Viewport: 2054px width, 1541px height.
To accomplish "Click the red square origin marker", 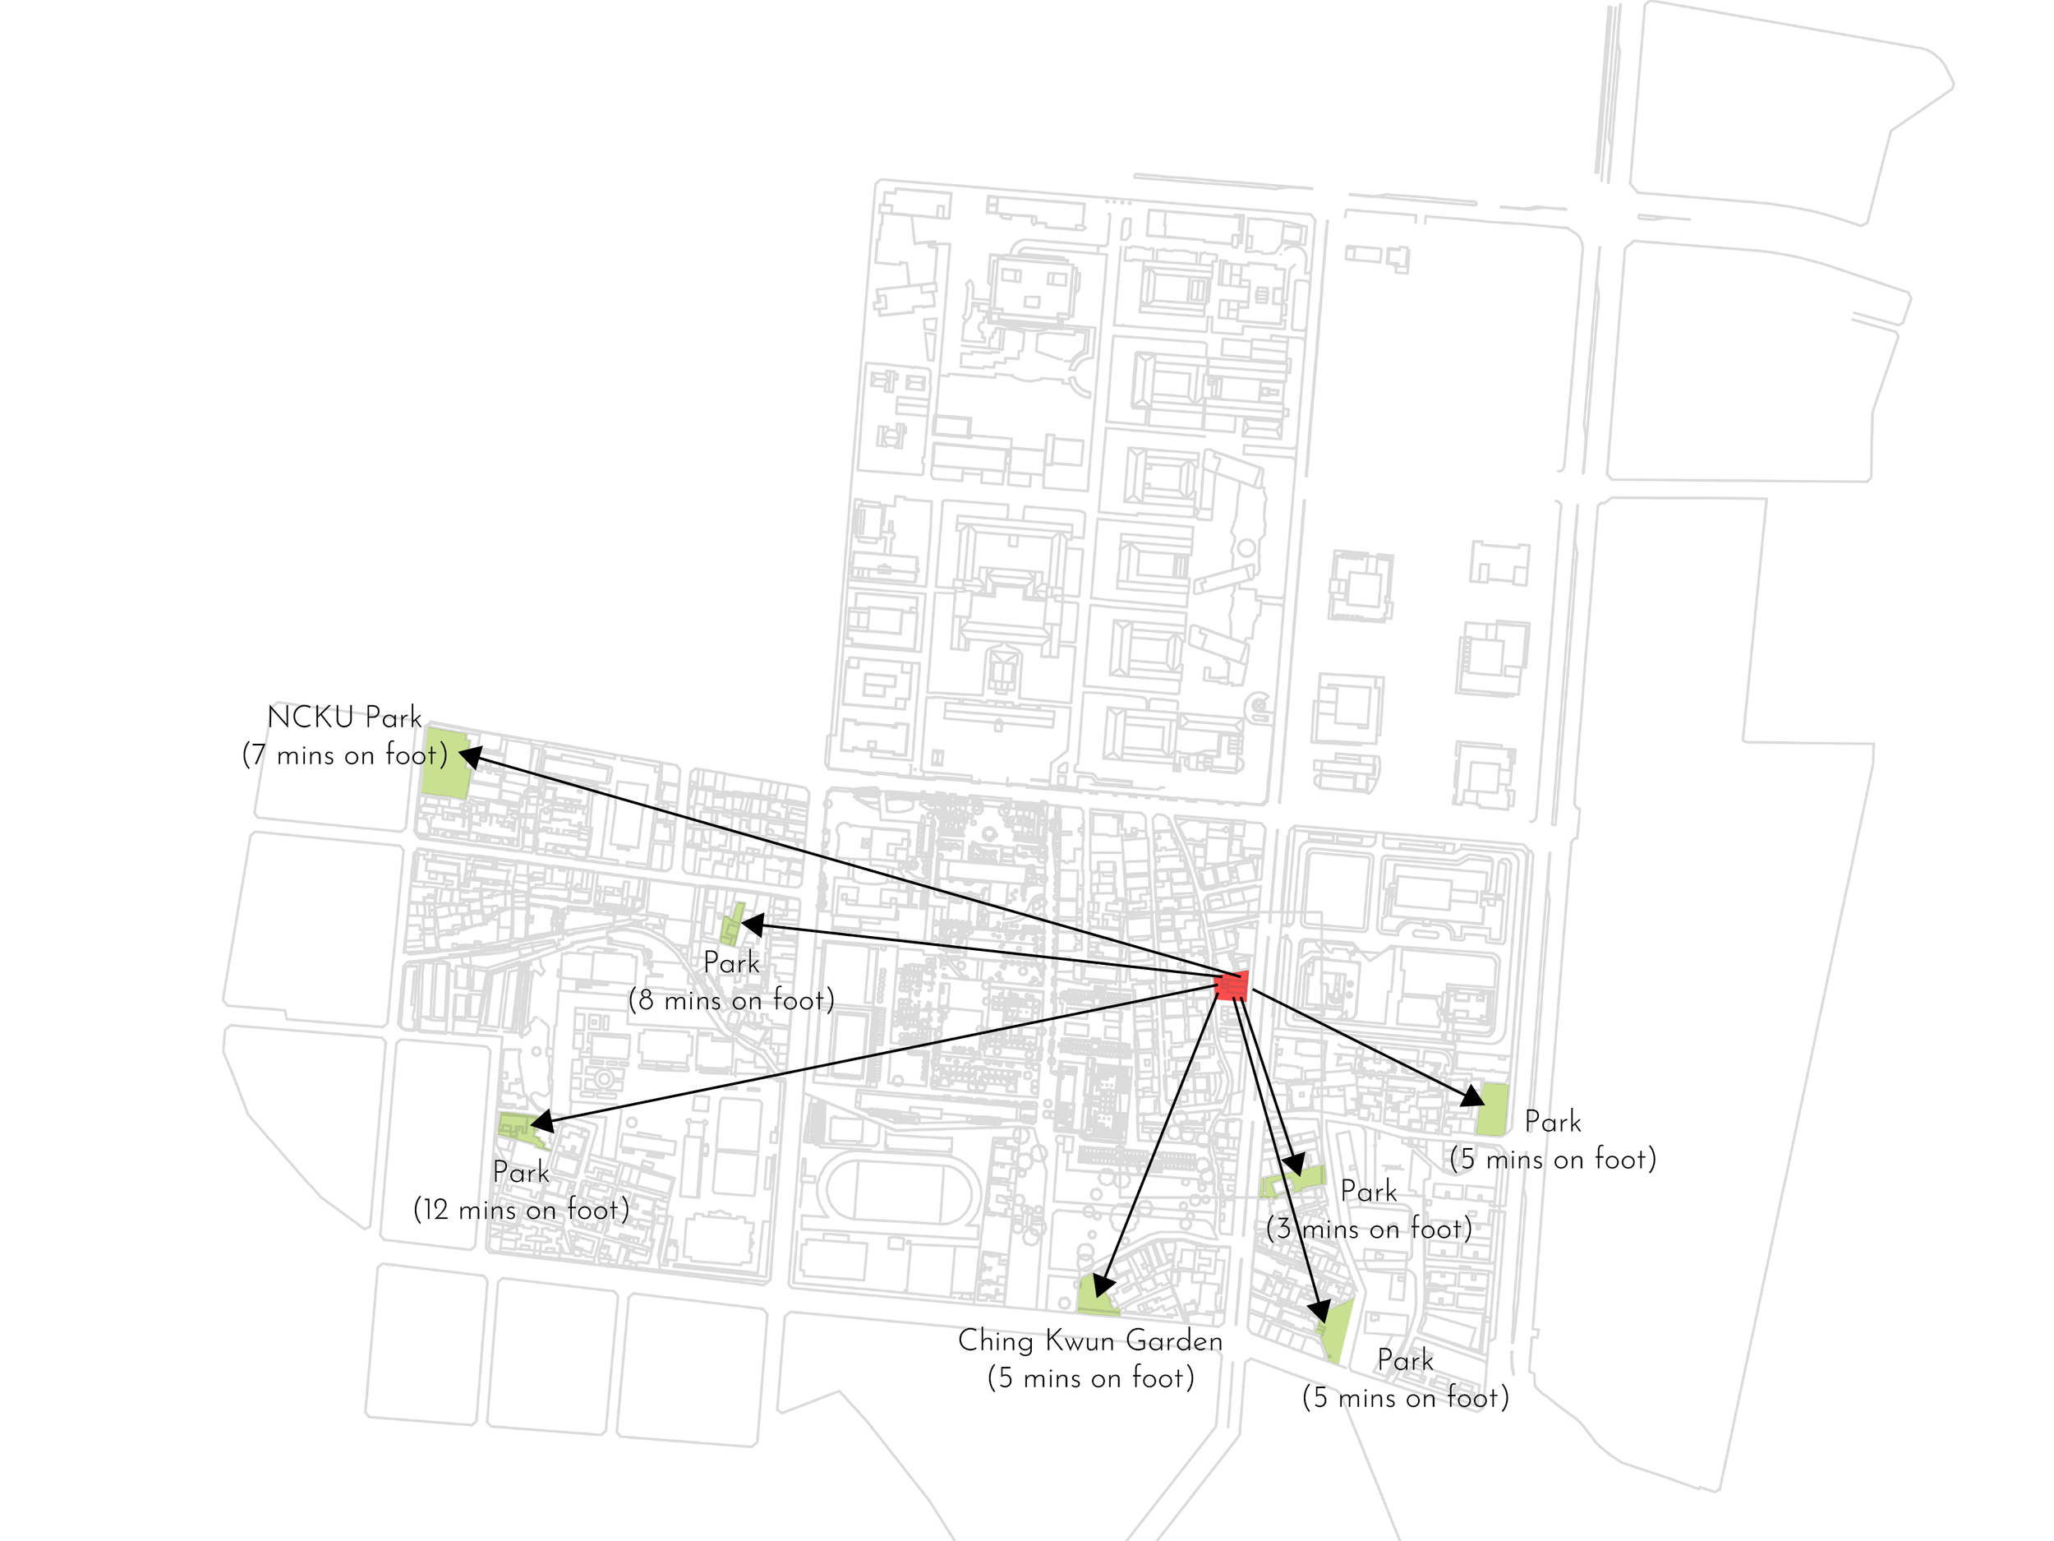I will pyautogui.click(x=1232, y=985).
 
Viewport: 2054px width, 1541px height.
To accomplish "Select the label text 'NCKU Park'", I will pyautogui.click(x=343, y=717).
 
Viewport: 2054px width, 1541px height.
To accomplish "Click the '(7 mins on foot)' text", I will pyautogui.click(x=344, y=755).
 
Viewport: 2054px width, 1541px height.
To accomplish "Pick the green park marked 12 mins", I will pyautogui.click(x=515, y=1127).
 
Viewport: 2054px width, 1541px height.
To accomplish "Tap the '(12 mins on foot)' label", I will pyautogui.click(x=521, y=1210).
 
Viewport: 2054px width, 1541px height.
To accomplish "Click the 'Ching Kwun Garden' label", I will pyautogui.click(x=1090, y=1340).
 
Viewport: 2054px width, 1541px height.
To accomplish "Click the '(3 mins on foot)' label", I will pyautogui.click(x=1369, y=1229).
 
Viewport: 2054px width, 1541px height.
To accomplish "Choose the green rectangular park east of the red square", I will pyautogui.click(x=1492, y=1109).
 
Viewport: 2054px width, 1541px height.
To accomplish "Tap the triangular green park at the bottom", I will pyautogui.click(x=1336, y=1330).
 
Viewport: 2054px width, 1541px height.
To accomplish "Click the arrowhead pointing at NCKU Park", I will pyautogui.click(x=471, y=756).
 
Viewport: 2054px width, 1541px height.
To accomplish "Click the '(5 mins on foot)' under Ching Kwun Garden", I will pyautogui.click(x=1090, y=1377).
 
